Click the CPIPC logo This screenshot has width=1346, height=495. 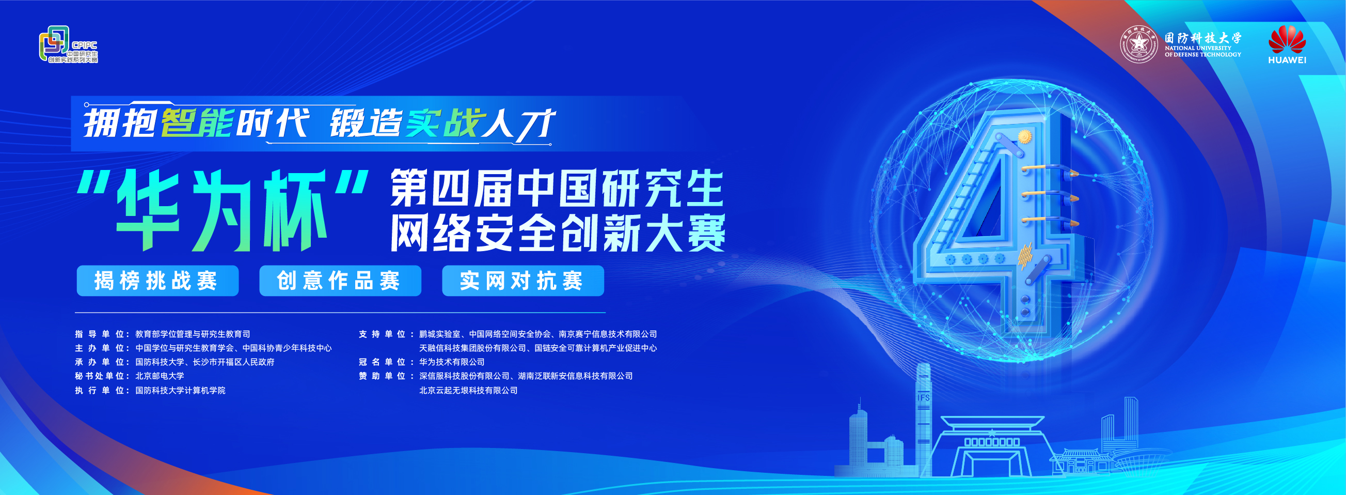(x=69, y=45)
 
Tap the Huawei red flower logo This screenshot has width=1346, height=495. (x=1287, y=39)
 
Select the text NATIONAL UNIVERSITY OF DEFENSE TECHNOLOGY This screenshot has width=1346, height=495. (x=1203, y=51)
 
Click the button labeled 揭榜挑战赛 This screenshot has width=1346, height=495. (x=157, y=281)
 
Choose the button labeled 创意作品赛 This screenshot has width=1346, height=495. (x=340, y=281)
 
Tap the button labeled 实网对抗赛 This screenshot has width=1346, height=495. (x=523, y=281)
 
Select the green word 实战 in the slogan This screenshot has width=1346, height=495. (x=443, y=123)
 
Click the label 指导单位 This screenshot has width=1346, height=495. (x=99, y=334)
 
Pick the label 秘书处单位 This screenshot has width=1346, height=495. (x=99, y=376)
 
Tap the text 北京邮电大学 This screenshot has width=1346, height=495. (x=160, y=376)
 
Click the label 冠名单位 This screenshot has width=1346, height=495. (x=382, y=362)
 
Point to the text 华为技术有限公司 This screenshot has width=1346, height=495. (x=452, y=362)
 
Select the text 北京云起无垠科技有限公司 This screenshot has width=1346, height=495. (x=468, y=391)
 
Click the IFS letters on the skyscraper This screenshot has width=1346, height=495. (x=924, y=398)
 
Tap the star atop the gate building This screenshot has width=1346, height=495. (x=992, y=432)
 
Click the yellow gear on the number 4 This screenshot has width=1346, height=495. (x=1025, y=136)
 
